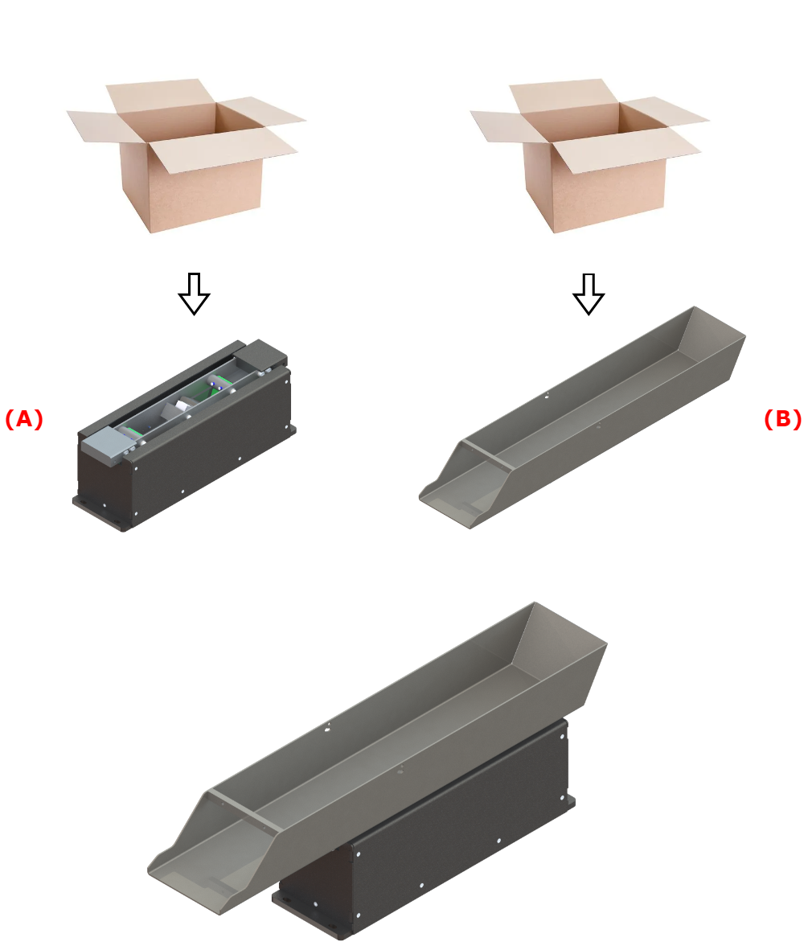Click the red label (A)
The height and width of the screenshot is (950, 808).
pos(23,419)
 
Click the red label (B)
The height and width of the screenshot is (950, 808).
pos(782,419)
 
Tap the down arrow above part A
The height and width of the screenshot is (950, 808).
pos(194,294)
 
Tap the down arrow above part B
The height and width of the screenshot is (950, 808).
pos(589,294)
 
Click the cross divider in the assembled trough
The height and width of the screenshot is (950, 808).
pos(245,811)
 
